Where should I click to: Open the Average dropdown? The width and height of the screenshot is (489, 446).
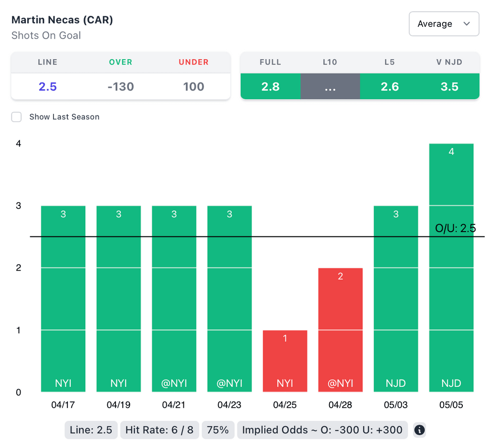click(444, 24)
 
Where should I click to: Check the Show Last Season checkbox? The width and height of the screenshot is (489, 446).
click(17, 117)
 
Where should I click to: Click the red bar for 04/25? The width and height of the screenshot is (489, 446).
click(285, 361)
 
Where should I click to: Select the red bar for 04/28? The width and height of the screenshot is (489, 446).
click(340, 330)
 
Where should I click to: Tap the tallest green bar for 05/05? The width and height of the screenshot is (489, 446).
click(451, 267)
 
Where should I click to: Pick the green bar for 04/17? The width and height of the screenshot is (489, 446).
click(64, 298)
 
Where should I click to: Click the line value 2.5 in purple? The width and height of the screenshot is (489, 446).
click(48, 86)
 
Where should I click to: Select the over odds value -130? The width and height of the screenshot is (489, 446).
click(120, 86)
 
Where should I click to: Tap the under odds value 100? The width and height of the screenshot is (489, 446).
click(193, 86)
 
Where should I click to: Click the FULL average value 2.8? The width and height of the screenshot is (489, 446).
click(270, 86)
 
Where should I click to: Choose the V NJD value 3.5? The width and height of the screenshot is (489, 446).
click(449, 86)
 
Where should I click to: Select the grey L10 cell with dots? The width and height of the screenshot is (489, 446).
click(330, 86)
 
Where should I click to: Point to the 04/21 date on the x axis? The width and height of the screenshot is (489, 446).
click(174, 405)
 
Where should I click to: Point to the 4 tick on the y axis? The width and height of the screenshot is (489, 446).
click(19, 143)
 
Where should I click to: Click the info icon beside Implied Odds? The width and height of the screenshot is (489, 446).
click(419, 430)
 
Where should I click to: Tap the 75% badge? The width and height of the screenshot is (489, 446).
click(218, 430)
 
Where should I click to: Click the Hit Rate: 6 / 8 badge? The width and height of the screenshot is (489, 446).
click(159, 430)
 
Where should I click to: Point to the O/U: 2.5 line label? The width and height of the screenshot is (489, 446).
click(456, 228)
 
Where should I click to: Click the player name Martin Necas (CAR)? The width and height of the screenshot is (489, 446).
click(62, 20)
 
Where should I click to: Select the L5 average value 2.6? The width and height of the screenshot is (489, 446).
click(390, 86)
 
